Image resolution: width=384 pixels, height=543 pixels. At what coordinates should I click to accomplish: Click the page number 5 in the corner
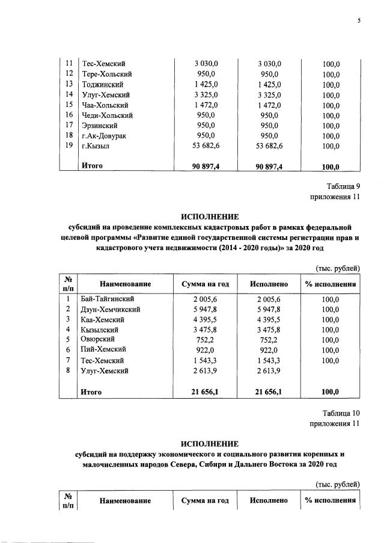pyautogui.click(x=359, y=20)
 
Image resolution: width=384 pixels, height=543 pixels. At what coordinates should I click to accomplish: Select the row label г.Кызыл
pyautogui.click(x=95, y=146)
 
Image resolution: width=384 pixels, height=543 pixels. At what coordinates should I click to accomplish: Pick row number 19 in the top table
pyautogui.click(x=69, y=146)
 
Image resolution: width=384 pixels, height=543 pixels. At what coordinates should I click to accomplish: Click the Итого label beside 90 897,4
pyautogui.click(x=92, y=166)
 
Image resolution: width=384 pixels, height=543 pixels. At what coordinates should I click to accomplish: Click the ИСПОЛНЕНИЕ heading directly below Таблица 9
pyautogui.click(x=210, y=216)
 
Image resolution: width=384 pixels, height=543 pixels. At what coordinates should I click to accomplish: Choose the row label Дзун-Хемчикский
pyautogui.click(x=111, y=309)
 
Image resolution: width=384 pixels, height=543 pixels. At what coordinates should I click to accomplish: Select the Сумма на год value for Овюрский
pyautogui.click(x=206, y=340)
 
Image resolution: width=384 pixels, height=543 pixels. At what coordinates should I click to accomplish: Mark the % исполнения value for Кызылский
pyautogui.click(x=330, y=330)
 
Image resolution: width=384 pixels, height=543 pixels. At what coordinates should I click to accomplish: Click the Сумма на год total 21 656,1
pyautogui.click(x=206, y=392)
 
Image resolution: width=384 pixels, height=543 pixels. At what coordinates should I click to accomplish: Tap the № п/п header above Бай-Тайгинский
pyautogui.click(x=69, y=283)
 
